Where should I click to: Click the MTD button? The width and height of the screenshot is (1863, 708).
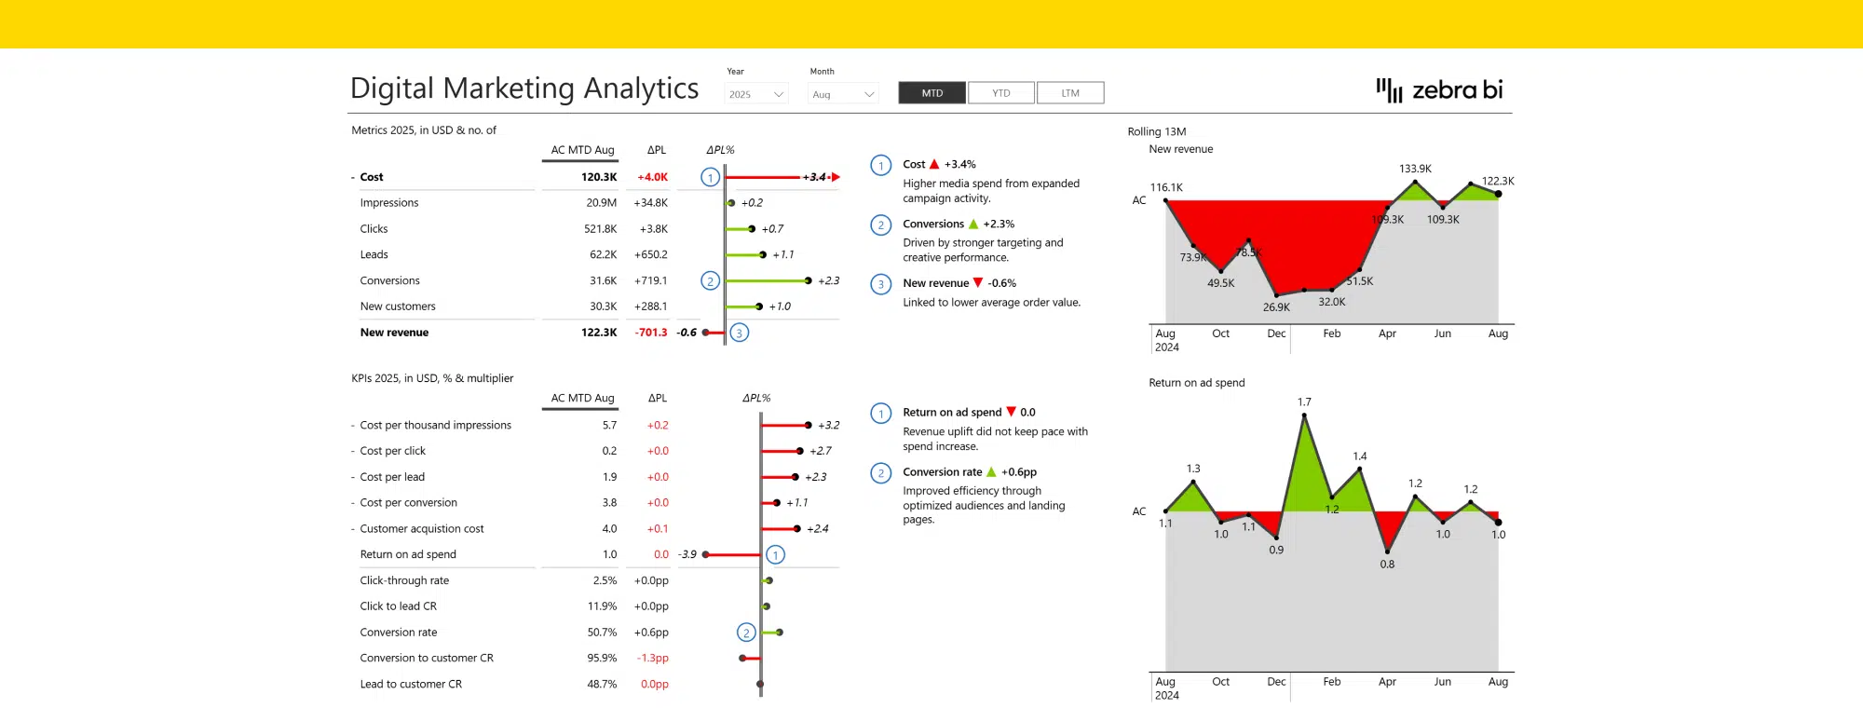931,93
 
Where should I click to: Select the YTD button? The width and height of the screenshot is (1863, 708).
1001,93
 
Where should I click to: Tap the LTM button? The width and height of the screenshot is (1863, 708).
1070,93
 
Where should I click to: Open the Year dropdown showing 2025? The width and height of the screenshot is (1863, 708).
756,94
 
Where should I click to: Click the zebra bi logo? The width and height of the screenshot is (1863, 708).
1440,90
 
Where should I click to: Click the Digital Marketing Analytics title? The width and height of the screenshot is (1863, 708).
524,88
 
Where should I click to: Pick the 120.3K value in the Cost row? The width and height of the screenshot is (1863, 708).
599,177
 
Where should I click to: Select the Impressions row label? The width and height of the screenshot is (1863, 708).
389,203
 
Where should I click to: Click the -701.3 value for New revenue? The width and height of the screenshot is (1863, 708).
651,333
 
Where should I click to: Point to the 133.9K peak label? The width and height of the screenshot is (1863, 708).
1415,169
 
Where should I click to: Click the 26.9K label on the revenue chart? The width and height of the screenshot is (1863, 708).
1276,307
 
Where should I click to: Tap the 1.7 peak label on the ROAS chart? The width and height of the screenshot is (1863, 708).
1304,402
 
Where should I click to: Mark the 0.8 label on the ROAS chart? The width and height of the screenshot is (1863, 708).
1387,565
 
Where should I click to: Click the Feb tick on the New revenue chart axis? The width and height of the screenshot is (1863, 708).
1332,334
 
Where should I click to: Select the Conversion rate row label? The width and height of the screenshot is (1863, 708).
399,633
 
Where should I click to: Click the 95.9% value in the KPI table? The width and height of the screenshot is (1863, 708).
602,659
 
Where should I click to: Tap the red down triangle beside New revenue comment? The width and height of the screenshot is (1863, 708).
978,283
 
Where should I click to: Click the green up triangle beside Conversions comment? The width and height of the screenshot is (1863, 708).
973,225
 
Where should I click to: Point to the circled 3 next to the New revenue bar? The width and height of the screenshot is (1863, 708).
740,333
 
